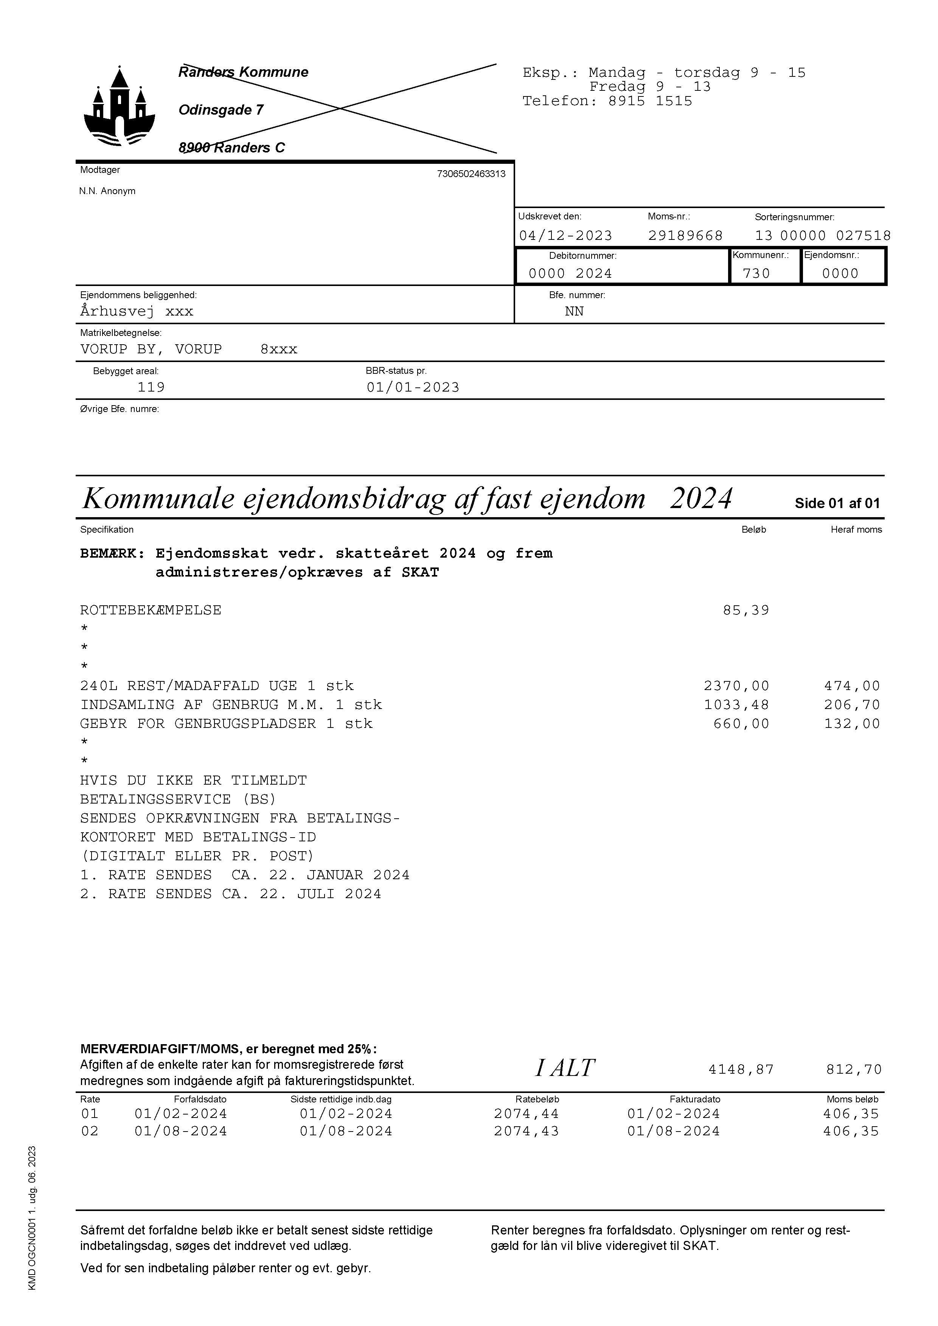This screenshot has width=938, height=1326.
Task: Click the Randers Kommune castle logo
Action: (120, 107)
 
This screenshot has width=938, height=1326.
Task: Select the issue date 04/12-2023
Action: (565, 236)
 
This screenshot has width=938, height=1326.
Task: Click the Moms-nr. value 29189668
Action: (685, 236)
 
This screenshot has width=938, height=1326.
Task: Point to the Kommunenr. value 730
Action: (756, 273)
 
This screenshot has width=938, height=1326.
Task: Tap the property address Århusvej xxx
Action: (137, 311)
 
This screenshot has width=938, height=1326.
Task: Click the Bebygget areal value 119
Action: (151, 387)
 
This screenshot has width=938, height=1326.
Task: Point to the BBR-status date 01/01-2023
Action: (413, 387)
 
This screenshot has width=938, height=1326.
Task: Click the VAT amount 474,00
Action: (852, 686)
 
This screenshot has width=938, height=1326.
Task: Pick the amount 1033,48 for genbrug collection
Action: (736, 705)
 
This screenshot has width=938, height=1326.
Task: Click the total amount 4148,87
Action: (741, 1070)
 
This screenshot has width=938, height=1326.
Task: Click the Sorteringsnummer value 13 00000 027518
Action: (823, 236)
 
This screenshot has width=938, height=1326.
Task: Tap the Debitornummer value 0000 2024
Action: (570, 273)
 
